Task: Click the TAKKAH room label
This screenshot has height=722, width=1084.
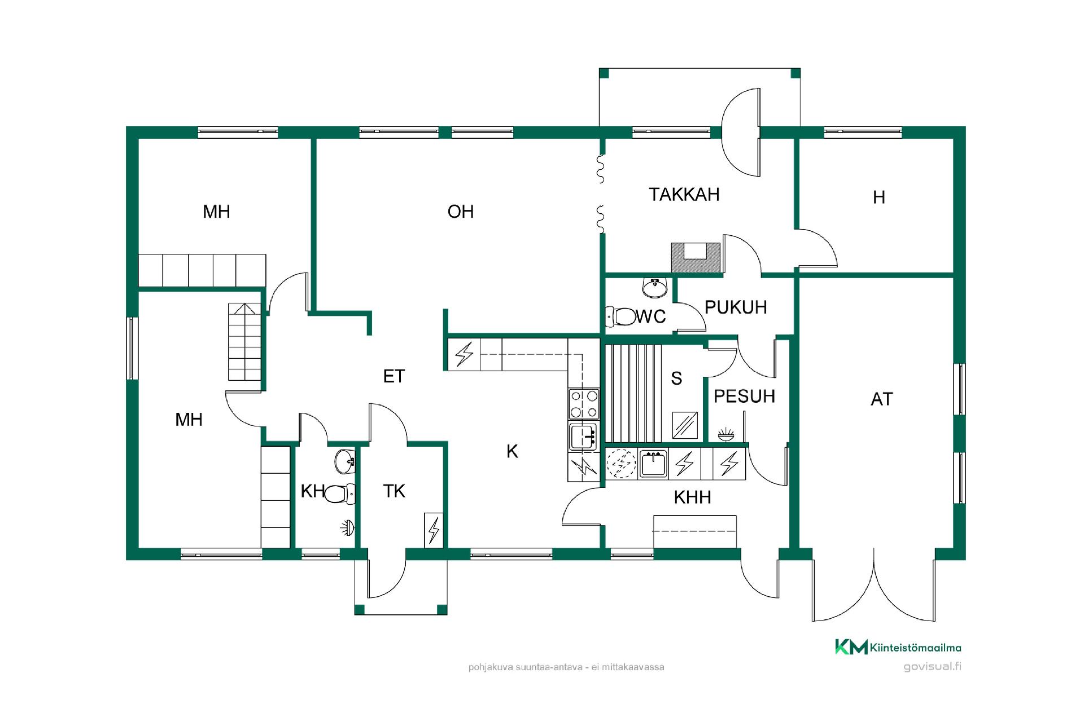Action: [x=684, y=195]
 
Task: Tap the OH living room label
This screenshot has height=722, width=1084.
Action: [x=461, y=212]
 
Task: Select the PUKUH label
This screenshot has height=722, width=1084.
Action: [x=736, y=307]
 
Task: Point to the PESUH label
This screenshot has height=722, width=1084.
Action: [x=744, y=397]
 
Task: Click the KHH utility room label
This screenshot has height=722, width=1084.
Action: [x=692, y=498]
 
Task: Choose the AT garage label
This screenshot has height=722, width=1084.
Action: [x=882, y=399]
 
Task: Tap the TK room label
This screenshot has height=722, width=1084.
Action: [x=394, y=491]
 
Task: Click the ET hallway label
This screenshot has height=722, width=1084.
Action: [x=394, y=376]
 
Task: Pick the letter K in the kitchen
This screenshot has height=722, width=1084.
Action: [x=512, y=451]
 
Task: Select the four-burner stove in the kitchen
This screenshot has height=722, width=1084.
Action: [x=584, y=403]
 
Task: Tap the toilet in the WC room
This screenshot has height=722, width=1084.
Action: [x=620, y=316]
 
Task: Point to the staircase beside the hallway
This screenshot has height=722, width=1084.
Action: [x=245, y=342]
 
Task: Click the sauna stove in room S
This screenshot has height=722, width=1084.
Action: [x=685, y=425]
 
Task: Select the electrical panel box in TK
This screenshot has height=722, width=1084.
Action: [x=434, y=530]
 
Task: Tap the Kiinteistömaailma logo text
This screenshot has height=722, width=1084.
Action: [x=915, y=648]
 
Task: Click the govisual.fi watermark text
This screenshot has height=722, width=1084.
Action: [x=932, y=666]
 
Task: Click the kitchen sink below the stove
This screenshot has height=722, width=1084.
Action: [x=583, y=436]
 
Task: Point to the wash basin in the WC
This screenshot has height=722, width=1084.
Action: [x=655, y=288]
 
